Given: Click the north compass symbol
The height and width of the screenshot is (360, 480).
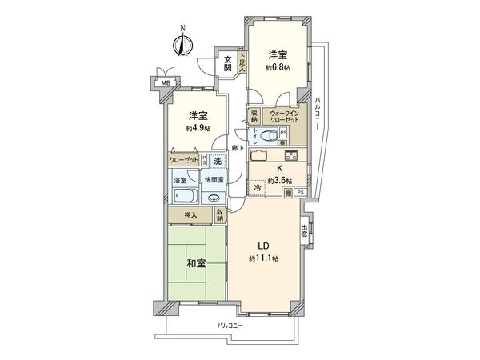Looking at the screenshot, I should pyautogui.click(x=182, y=43).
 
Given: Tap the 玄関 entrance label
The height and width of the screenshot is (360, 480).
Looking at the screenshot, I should pyautogui.click(x=228, y=63).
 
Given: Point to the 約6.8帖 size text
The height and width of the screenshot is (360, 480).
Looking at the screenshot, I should pyautogui.click(x=278, y=67).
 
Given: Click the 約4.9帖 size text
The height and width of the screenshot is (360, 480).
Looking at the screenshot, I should pyautogui.click(x=199, y=128).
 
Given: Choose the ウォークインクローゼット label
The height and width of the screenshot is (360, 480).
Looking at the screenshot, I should pyautogui.click(x=285, y=116).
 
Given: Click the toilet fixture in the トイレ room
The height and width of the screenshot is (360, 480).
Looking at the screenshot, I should pyautogui.click(x=270, y=136).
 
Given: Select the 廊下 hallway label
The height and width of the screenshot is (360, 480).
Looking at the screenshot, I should pyautogui.click(x=237, y=148).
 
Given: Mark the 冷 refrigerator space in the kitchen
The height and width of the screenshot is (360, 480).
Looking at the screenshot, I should pyautogui.click(x=257, y=187).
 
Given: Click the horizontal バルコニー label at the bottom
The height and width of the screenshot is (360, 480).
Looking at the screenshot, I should pyautogui.click(x=230, y=326).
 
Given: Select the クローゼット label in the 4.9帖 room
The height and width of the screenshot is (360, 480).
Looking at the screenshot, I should pyautogui.click(x=183, y=160).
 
